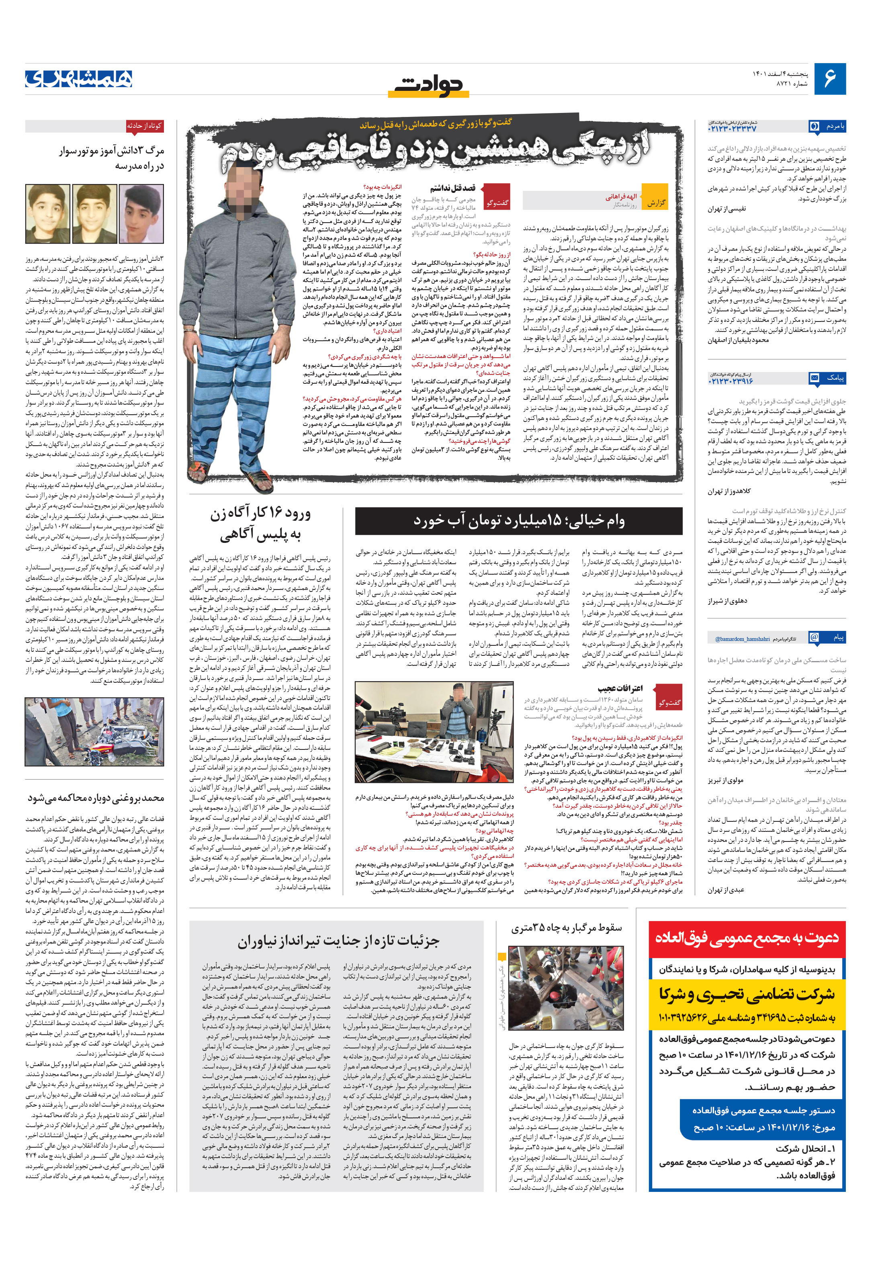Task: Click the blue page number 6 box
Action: click(829, 79)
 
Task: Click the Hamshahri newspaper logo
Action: click(79, 79)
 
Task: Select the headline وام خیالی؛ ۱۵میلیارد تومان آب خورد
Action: click(518, 520)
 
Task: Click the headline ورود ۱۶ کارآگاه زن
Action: click(260, 523)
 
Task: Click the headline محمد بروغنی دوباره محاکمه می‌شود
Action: click(96, 798)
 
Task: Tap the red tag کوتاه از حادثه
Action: click(144, 126)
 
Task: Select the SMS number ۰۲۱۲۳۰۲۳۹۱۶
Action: click(731, 381)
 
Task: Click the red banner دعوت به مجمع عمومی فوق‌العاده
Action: click(747, 937)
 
